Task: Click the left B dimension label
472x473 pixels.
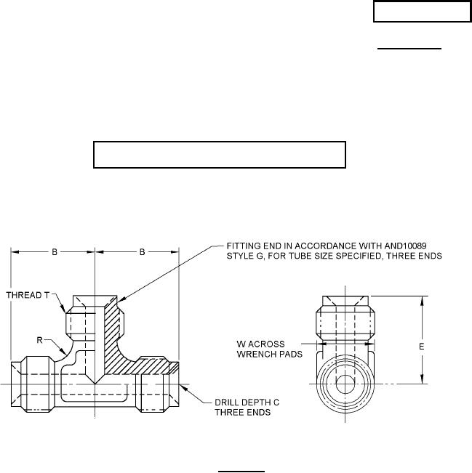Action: (x=55, y=252)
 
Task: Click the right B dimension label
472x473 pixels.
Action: (x=143, y=252)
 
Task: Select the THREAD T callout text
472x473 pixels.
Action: (x=28, y=295)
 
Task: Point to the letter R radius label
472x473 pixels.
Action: (x=39, y=340)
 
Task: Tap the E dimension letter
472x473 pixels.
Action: (x=422, y=347)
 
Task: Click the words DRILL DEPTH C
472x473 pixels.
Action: (x=247, y=403)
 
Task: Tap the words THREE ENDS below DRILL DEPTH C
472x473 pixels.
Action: (x=242, y=413)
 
